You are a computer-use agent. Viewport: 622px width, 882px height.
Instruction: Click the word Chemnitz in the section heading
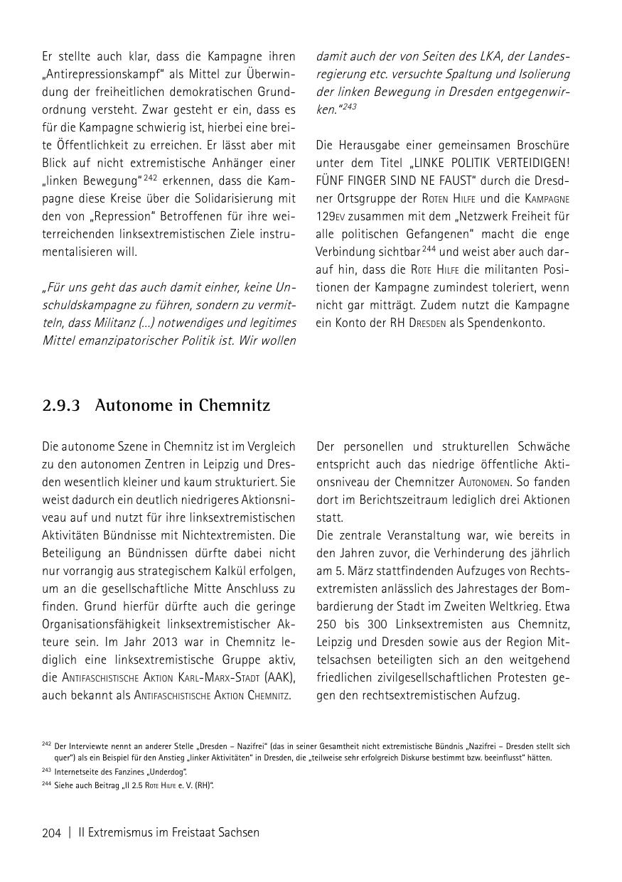pos(232,406)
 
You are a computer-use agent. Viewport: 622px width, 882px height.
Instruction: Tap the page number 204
pos(52,832)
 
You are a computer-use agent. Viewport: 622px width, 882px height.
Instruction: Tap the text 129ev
pos(331,215)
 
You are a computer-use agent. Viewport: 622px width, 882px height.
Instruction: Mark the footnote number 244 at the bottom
pos(46,785)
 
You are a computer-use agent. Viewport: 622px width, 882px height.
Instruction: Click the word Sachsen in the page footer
pos(237,832)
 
